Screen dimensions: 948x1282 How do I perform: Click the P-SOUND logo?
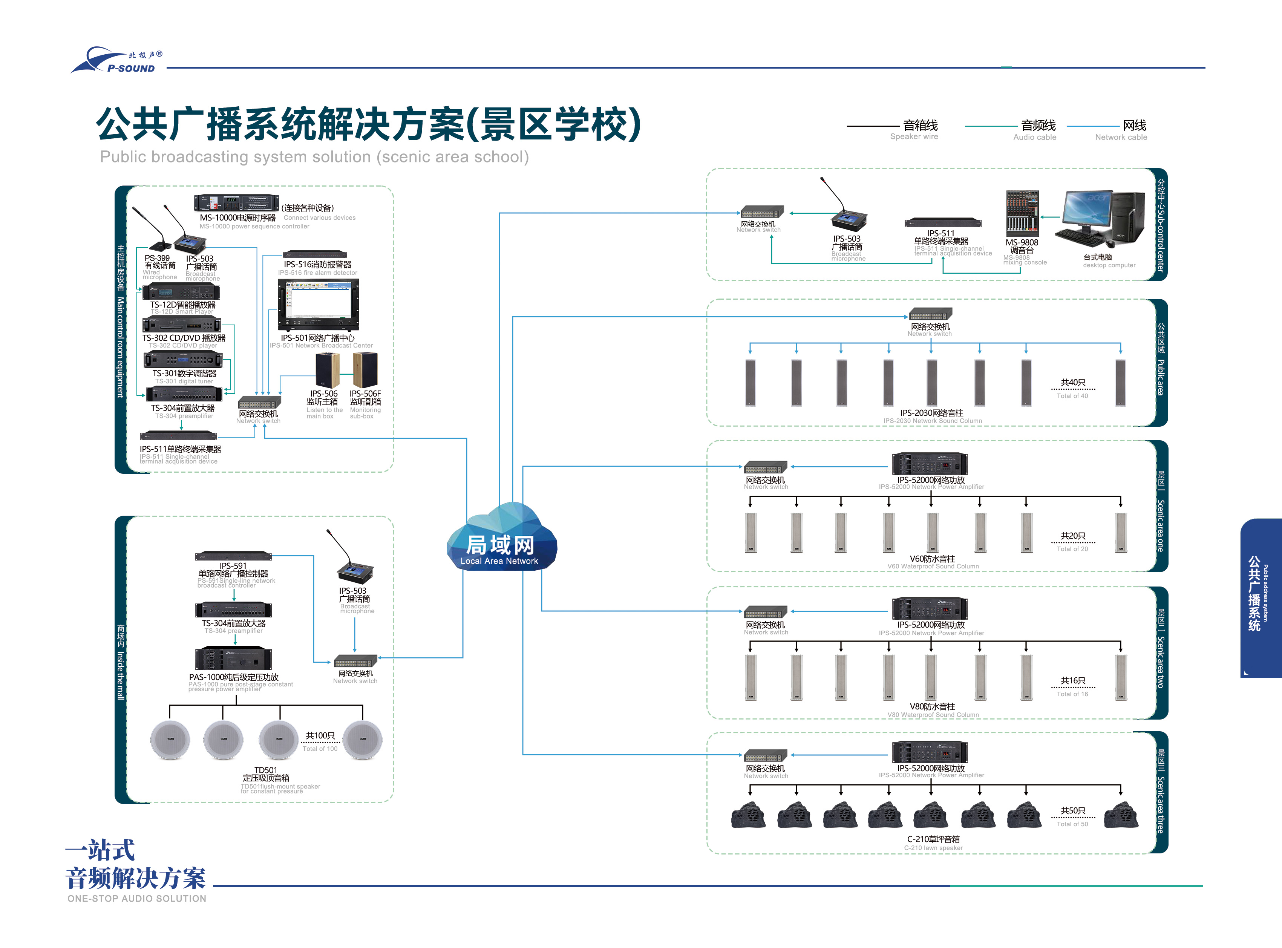[x=117, y=61]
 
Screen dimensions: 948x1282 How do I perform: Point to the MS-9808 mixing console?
[x=1022, y=212]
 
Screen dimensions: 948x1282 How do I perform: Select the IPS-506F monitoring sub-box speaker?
[x=365, y=370]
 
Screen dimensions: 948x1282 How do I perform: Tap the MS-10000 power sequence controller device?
[x=236, y=202]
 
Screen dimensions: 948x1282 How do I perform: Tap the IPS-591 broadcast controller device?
[x=234, y=556]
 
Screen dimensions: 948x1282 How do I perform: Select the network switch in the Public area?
[x=930, y=314]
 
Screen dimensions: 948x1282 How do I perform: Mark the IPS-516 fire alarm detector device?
[x=315, y=254]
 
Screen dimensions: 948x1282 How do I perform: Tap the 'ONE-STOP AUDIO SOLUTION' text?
[x=136, y=898]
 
